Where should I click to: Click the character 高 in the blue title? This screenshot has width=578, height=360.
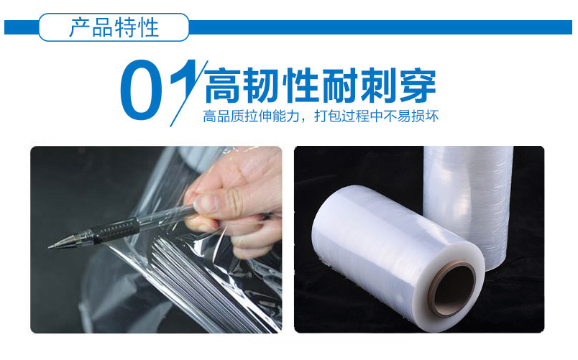tap(222, 87)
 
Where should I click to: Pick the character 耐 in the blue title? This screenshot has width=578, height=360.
tap(339, 87)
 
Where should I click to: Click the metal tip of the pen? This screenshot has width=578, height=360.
tap(58, 244)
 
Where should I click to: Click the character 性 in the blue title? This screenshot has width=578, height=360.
tap(301, 87)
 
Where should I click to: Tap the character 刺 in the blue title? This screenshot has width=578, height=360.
tap(378, 87)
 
